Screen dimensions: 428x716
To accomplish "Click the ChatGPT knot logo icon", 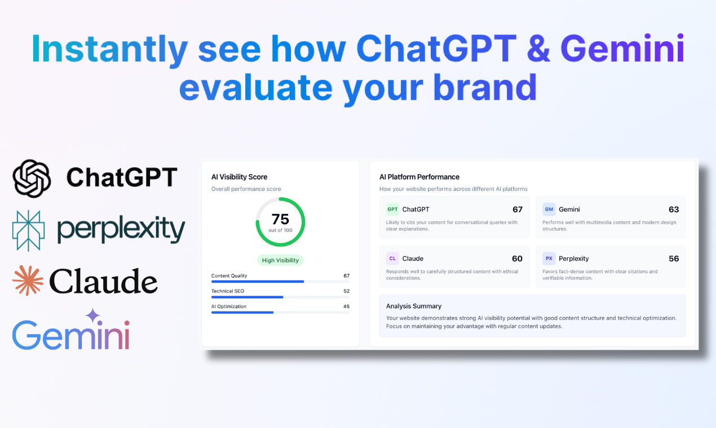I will tap(32, 178).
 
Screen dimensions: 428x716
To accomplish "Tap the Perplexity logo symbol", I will tap(28, 230).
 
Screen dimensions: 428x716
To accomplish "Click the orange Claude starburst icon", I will tap(28, 280).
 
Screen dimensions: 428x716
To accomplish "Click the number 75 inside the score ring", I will tap(280, 219).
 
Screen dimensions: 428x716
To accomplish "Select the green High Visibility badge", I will tap(280, 261).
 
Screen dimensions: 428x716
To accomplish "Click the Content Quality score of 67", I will tap(346, 276).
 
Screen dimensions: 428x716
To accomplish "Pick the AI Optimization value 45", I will tap(346, 306).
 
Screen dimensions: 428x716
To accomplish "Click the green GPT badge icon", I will tap(392, 209).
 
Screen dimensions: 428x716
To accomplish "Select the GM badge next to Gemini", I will tap(549, 209).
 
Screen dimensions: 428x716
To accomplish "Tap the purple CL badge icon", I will tap(392, 258).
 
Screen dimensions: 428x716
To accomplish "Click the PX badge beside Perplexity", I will tap(549, 258).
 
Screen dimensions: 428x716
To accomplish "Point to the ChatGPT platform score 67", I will tap(517, 209).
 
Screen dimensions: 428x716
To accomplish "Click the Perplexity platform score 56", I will tap(673, 258).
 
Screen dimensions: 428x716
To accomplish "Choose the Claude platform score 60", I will tap(517, 258).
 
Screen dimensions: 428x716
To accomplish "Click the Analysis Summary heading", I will tap(414, 306).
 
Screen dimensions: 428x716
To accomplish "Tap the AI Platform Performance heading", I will tap(419, 177).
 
